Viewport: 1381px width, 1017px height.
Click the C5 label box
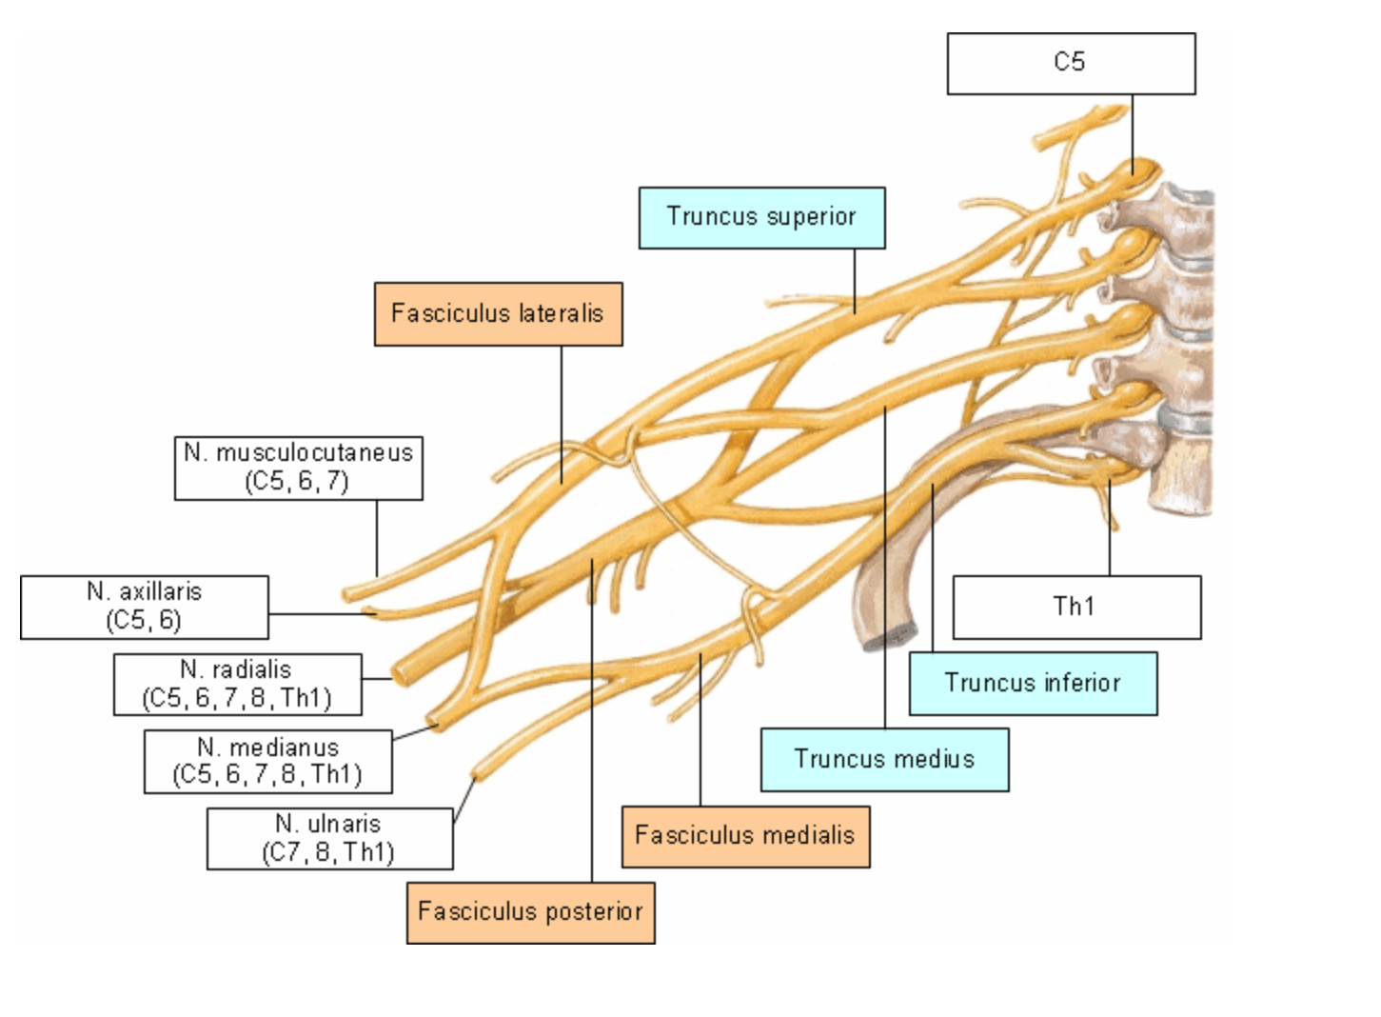pyautogui.click(x=1071, y=64)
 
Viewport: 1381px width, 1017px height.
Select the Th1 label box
pyautogui.click(x=1076, y=607)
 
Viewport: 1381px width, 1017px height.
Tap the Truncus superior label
pyautogui.click(x=761, y=217)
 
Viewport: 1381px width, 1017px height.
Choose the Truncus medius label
pyautogui.click(x=884, y=759)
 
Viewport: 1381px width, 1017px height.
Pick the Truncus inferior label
pyautogui.click(x=1033, y=683)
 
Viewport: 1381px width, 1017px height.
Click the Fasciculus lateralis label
pyautogui.click(x=498, y=313)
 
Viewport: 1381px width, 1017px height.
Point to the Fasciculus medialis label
pyautogui.click(x=745, y=836)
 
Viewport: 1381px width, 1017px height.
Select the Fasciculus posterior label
pyautogui.click(x=530, y=912)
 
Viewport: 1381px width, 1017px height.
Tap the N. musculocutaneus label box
pyautogui.click(x=298, y=468)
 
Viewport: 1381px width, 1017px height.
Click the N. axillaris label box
pyautogui.click(x=144, y=607)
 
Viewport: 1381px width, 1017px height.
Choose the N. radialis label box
pyautogui.click(x=237, y=684)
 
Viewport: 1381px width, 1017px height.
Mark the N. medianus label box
pyautogui.click(x=267, y=761)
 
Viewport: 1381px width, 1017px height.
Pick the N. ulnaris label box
pyautogui.click(x=329, y=838)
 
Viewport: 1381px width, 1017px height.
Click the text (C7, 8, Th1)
pyautogui.click(x=328, y=852)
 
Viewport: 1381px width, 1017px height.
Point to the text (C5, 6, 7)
pyautogui.click(x=297, y=482)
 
